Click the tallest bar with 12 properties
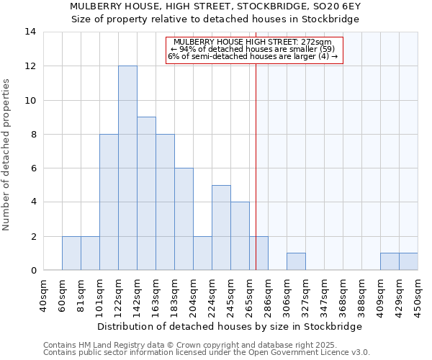(x=127, y=168)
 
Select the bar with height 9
(x=146, y=194)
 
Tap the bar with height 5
(x=221, y=228)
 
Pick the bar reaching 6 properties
(x=184, y=219)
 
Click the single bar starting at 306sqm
(x=296, y=262)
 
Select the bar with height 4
(x=240, y=236)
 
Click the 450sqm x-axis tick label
(x=418, y=294)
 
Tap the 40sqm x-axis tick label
(x=44, y=294)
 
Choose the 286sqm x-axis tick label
(x=269, y=294)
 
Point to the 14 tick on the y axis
(x=30, y=32)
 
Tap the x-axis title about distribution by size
(x=230, y=326)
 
